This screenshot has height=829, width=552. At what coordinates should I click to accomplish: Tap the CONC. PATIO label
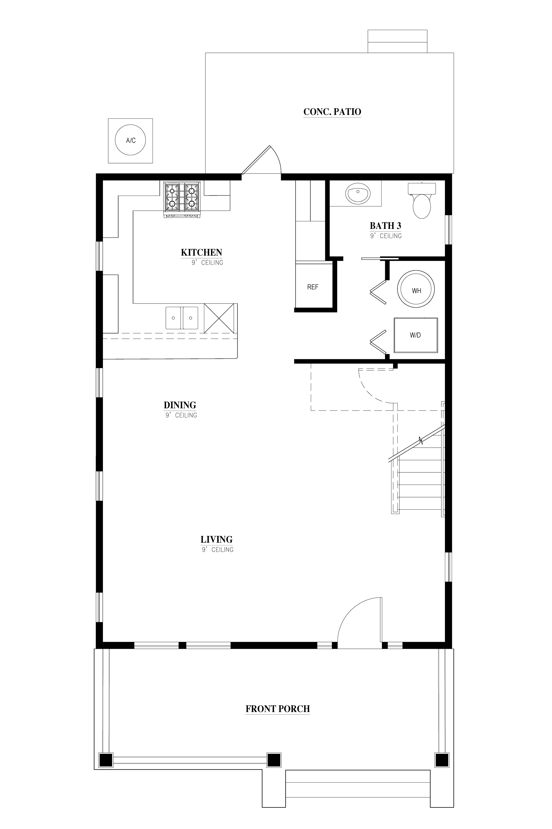tap(332, 112)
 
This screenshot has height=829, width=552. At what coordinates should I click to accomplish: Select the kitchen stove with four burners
tap(182, 199)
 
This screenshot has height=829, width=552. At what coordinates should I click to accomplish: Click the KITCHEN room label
tap(201, 252)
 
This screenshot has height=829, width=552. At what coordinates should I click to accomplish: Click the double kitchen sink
tap(182, 318)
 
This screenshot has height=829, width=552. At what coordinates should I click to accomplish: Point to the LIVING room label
tap(217, 539)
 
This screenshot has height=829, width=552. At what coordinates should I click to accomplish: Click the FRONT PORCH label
tap(278, 709)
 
